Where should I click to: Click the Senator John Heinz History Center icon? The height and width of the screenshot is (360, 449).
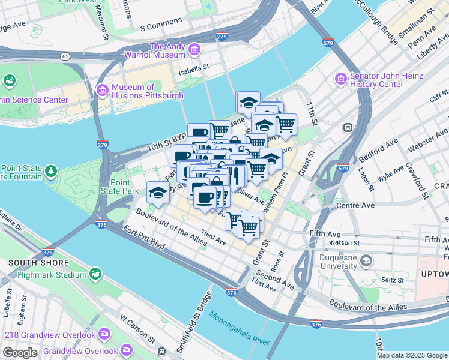pyautogui.click(x=340, y=79)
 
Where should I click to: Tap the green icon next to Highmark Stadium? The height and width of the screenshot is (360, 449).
pyautogui.click(x=95, y=274)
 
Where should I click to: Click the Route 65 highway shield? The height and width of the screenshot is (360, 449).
pyautogui.click(x=64, y=56)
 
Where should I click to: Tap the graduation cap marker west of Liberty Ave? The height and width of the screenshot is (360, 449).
pyautogui.click(x=157, y=192)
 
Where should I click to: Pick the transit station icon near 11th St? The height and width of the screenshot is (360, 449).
pyautogui.click(x=347, y=127)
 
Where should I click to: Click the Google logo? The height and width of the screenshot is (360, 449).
pyautogui.click(x=20, y=353)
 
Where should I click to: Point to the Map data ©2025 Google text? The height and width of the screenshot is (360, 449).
pyautogui.click(x=412, y=355)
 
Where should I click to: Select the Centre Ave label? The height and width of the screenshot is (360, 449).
pyautogui.click(x=355, y=205)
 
